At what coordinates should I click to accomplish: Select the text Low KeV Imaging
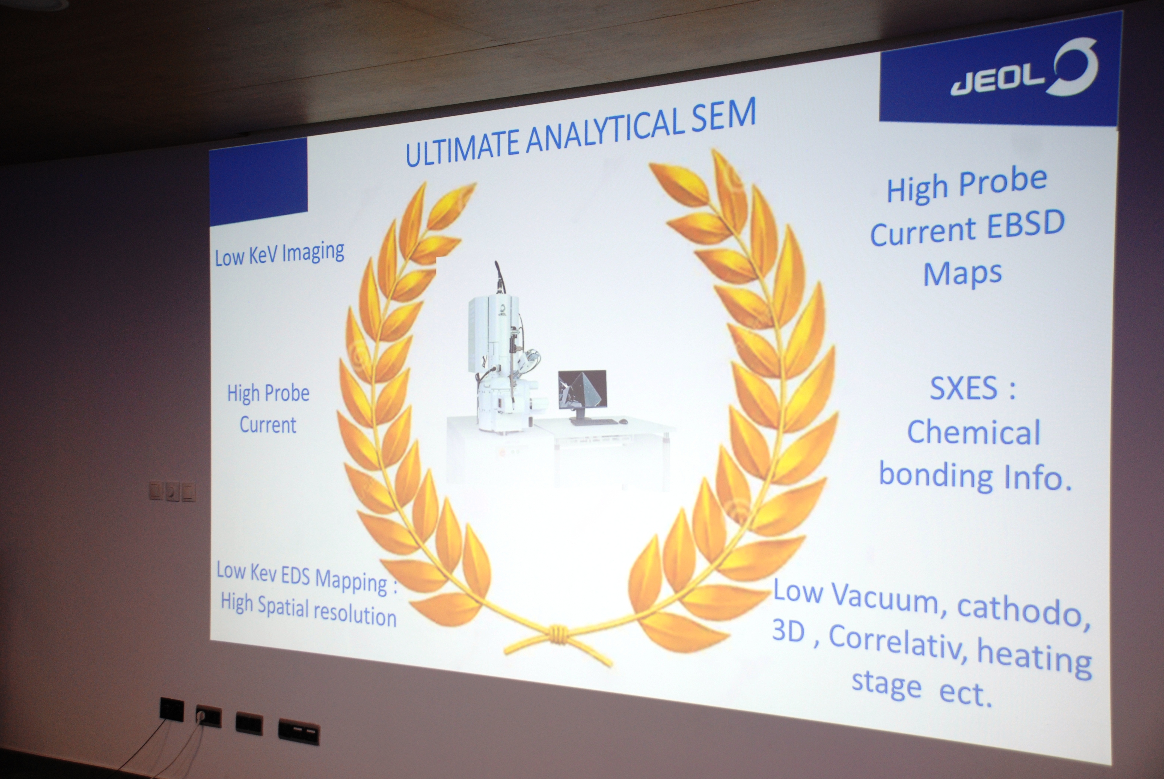[279, 254]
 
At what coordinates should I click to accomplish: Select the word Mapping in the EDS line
[351, 582]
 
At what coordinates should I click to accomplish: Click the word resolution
[355, 615]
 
